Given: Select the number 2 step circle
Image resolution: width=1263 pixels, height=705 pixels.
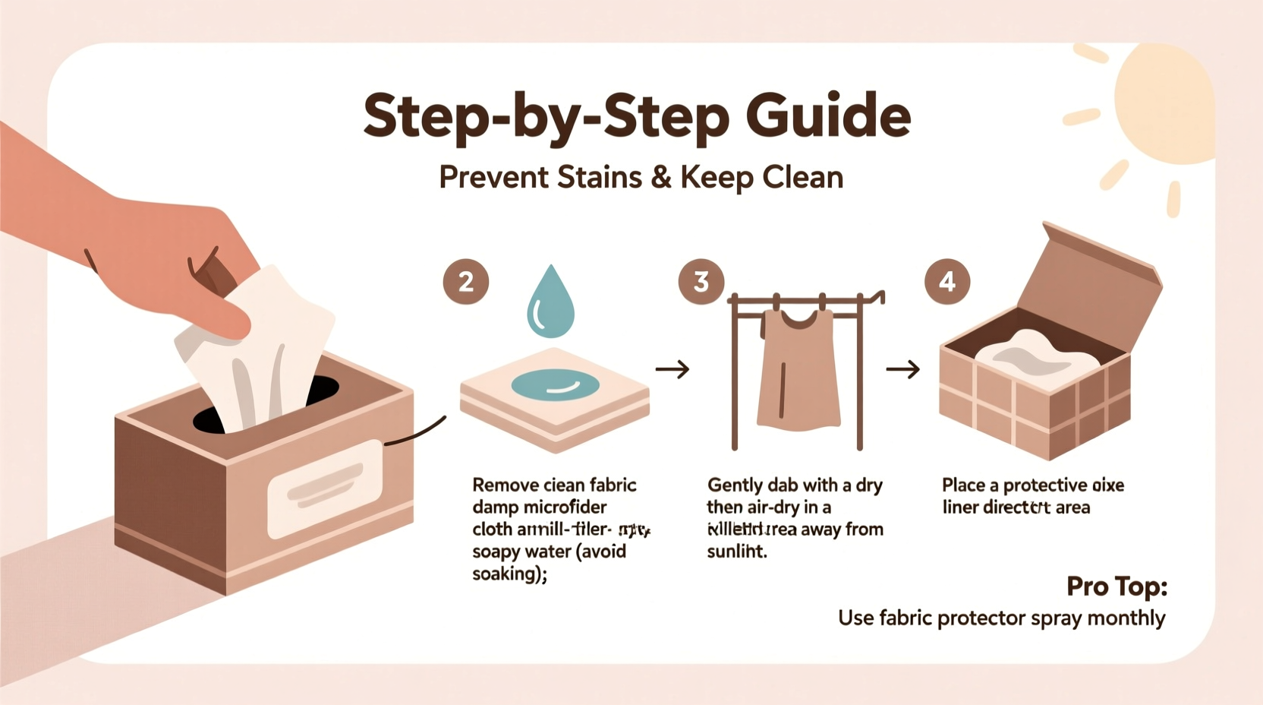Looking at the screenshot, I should point(465,282).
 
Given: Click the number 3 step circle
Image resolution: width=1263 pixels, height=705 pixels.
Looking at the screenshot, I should point(701,282).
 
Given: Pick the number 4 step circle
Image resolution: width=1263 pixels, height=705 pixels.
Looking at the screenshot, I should point(946,282).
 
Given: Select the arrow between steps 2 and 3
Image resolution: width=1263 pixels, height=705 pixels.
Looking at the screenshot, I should point(672,370).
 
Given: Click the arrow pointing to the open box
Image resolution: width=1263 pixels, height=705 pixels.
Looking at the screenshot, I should point(903,370).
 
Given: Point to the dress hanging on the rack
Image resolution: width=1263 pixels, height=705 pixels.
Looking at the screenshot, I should point(797,372).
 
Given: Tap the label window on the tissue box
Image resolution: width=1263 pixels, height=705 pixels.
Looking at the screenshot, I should point(325,488).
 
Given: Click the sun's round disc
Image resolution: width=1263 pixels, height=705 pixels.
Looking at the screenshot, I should point(1165,103).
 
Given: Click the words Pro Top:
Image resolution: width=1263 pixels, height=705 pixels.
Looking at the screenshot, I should point(1116,586).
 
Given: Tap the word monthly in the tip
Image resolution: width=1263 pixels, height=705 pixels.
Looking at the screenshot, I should point(1126,618).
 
